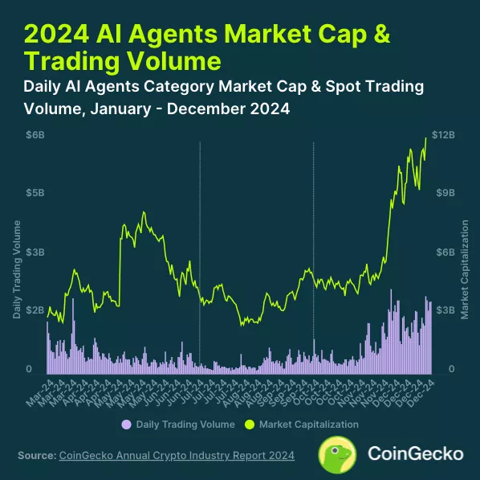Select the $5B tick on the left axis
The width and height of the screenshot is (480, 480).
35,193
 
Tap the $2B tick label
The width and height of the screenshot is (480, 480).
35,310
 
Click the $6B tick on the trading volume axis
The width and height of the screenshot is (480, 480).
35,134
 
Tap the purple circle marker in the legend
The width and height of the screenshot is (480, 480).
125,424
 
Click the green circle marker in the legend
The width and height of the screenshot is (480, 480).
249,424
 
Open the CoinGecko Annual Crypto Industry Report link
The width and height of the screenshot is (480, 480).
177,456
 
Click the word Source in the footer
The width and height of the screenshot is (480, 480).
36,456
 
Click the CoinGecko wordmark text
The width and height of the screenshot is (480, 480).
414,453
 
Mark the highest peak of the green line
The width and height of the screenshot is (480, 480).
426,137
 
